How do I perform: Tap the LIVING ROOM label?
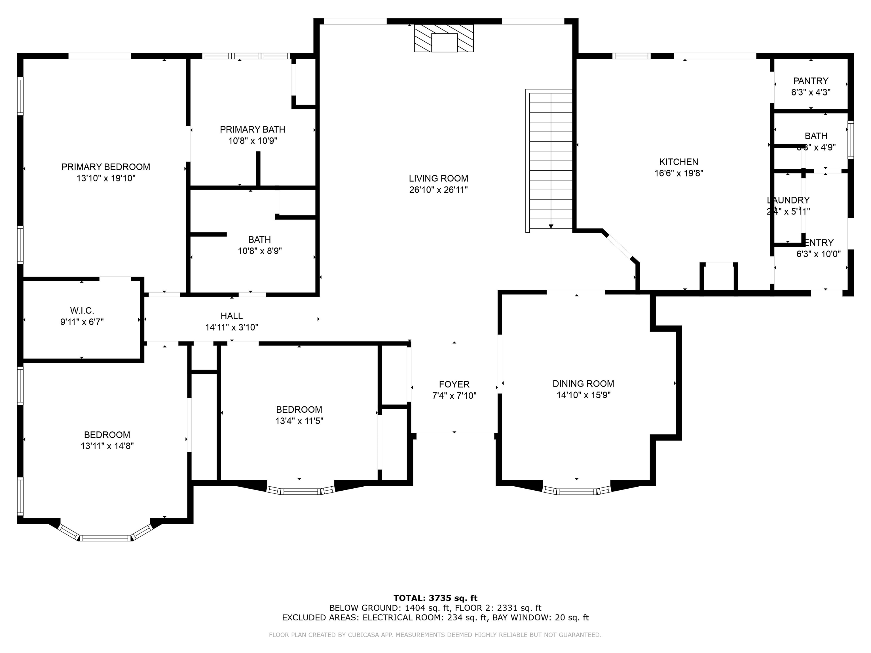(438, 178)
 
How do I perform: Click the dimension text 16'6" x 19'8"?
(678, 173)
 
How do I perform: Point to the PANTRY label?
(810, 81)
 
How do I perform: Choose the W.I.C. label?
(82, 311)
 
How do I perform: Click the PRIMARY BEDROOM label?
(105, 167)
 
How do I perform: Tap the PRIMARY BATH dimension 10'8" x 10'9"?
(252, 141)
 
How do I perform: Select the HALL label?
(232, 316)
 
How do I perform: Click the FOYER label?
(454, 384)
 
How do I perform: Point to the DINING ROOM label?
(583, 383)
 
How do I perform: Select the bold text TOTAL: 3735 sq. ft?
(435, 598)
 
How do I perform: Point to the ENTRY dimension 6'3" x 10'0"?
(818, 254)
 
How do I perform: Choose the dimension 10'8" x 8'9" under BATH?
(259, 251)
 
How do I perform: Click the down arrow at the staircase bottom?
(551, 226)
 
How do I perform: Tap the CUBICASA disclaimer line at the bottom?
(435, 635)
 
